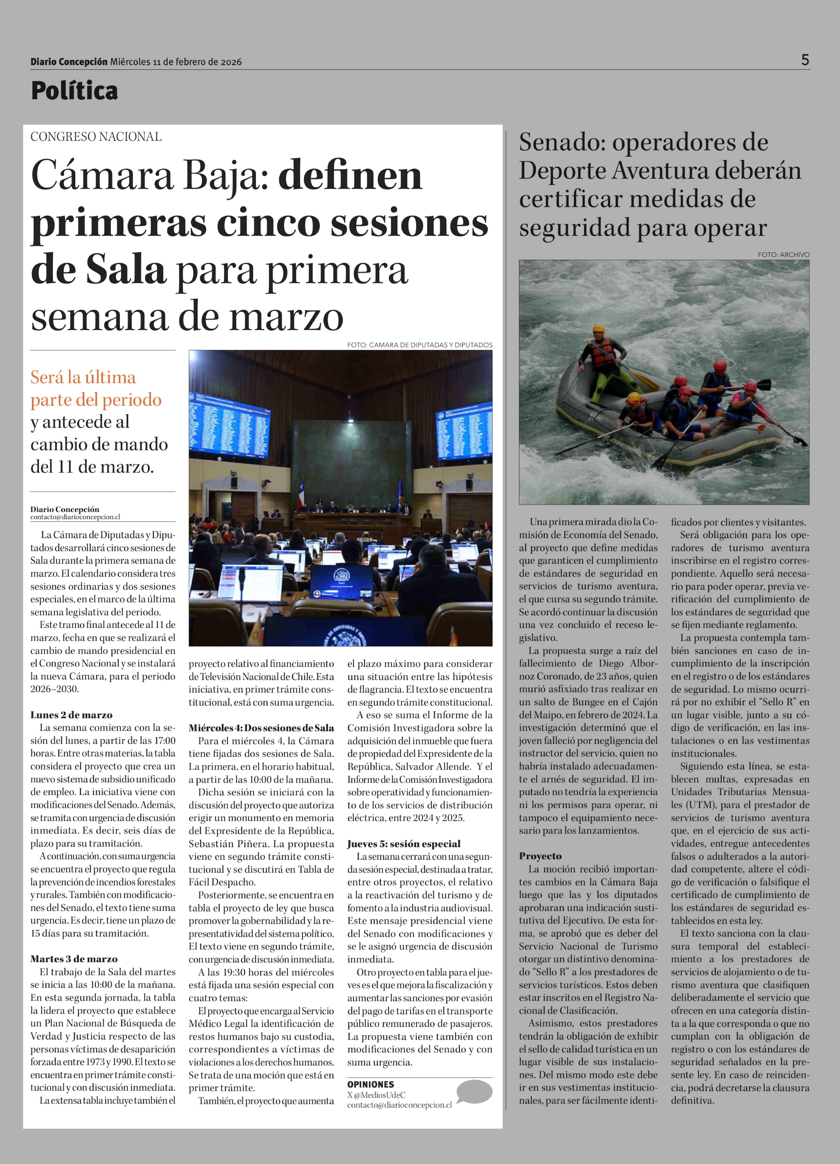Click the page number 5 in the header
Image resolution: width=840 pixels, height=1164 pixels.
[x=805, y=60]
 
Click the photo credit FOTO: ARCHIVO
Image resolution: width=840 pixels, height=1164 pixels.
[x=783, y=255]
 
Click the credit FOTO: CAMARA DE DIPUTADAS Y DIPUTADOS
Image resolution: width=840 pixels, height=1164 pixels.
[x=419, y=345]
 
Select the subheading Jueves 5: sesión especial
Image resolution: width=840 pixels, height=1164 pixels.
[x=404, y=844]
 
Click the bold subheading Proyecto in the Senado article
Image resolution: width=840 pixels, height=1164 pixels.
[x=540, y=856]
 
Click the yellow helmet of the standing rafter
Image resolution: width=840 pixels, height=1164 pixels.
[x=599, y=328]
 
